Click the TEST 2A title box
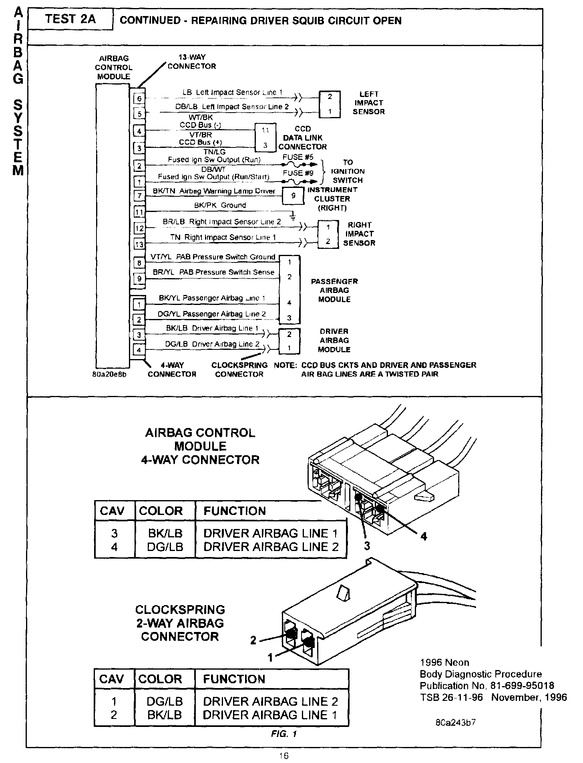pos(70,19)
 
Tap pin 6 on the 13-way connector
pos(139,99)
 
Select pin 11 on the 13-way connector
pos(139,212)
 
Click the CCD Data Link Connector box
pos(265,138)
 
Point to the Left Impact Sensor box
pos(330,104)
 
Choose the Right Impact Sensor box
pos(328,234)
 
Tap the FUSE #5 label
pos(298,157)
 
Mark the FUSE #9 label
pos(298,173)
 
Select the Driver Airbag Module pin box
pos(289,341)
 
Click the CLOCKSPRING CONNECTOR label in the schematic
pos(239,369)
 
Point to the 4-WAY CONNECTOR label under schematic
pos(172,369)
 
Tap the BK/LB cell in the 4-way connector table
pos(165,533)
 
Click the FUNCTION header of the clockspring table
pos(234,679)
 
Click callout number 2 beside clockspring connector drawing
pos(253,640)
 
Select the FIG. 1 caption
pos(283,734)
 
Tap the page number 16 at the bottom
pos(284,756)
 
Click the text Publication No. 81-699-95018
pos(487,686)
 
